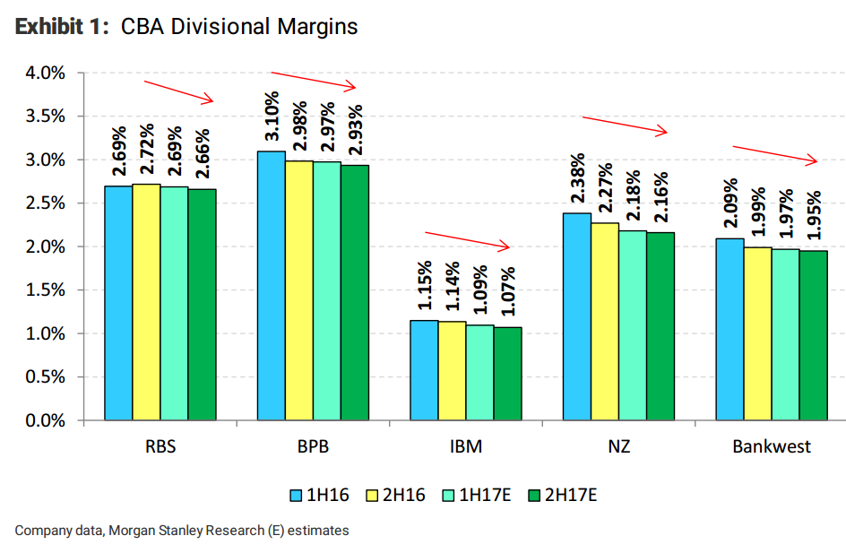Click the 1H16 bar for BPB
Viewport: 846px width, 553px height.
[x=272, y=285]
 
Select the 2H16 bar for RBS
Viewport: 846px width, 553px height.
[x=146, y=302]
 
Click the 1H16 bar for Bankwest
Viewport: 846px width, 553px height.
[x=729, y=329]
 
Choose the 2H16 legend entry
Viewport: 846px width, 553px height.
[x=401, y=494]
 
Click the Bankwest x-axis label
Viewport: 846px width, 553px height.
[x=772, y=446]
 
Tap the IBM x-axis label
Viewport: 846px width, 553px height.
[x=465, y=446]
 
